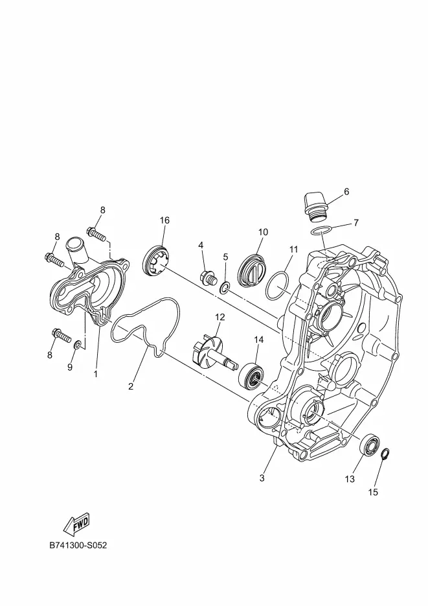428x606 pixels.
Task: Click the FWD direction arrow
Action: (x=76, y=523)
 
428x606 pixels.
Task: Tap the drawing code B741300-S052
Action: (x=78, y=545)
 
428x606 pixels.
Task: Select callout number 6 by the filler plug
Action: (x=346, y=192)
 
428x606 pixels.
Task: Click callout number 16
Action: (x=164, y=220)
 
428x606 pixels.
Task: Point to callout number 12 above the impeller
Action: (x=220, y=317)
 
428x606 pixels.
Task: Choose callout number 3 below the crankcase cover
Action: (x=262, y=478)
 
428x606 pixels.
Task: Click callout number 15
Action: (x=373, y=492)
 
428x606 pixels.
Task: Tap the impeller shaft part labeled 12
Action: (x=213, y=351)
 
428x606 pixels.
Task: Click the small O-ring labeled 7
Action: (x=322, y=231)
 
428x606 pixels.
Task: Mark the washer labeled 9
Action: (x=78, y=344)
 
